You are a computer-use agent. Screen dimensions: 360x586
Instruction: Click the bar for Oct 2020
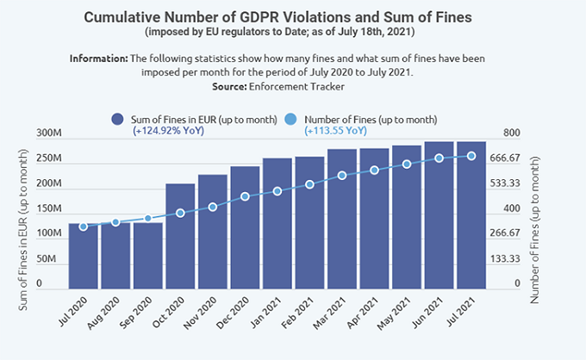tap(180, 236)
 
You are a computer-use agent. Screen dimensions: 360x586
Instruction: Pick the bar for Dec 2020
tap(245, 227)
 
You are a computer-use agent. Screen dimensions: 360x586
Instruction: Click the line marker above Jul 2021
tap(471, 156)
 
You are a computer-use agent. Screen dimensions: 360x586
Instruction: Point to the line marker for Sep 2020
tap(148, 219)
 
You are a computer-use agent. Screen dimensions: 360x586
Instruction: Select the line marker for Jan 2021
tap(277, 191)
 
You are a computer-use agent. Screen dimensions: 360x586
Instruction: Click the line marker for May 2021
tap(407, 164)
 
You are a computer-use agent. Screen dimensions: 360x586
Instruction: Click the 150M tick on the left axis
tap(49, 209)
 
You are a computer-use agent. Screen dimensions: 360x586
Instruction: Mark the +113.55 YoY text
tap(335, 132)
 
